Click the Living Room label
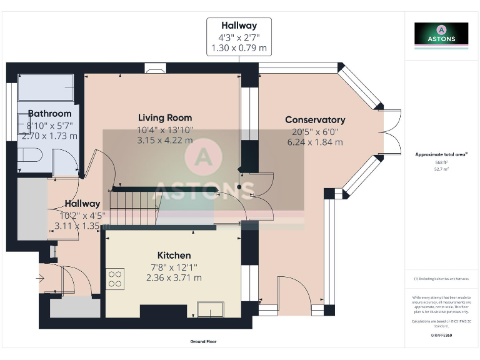[x=165, y=117]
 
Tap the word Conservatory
[x=315, y=119]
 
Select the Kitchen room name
[x=174, y=255]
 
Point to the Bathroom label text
[x=49, y=113]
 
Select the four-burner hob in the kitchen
[x=115, y=278]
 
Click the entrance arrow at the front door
[x=42, y=278]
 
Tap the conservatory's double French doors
[x=392, y=131]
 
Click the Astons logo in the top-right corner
[x=441, y=34]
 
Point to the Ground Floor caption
[x=203, y=342]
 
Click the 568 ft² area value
[x=441, y=163]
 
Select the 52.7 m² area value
[x=441, y=169]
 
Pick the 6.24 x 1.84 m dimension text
[x=315, y=142]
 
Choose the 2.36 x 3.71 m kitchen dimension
[x=174, y=277]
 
